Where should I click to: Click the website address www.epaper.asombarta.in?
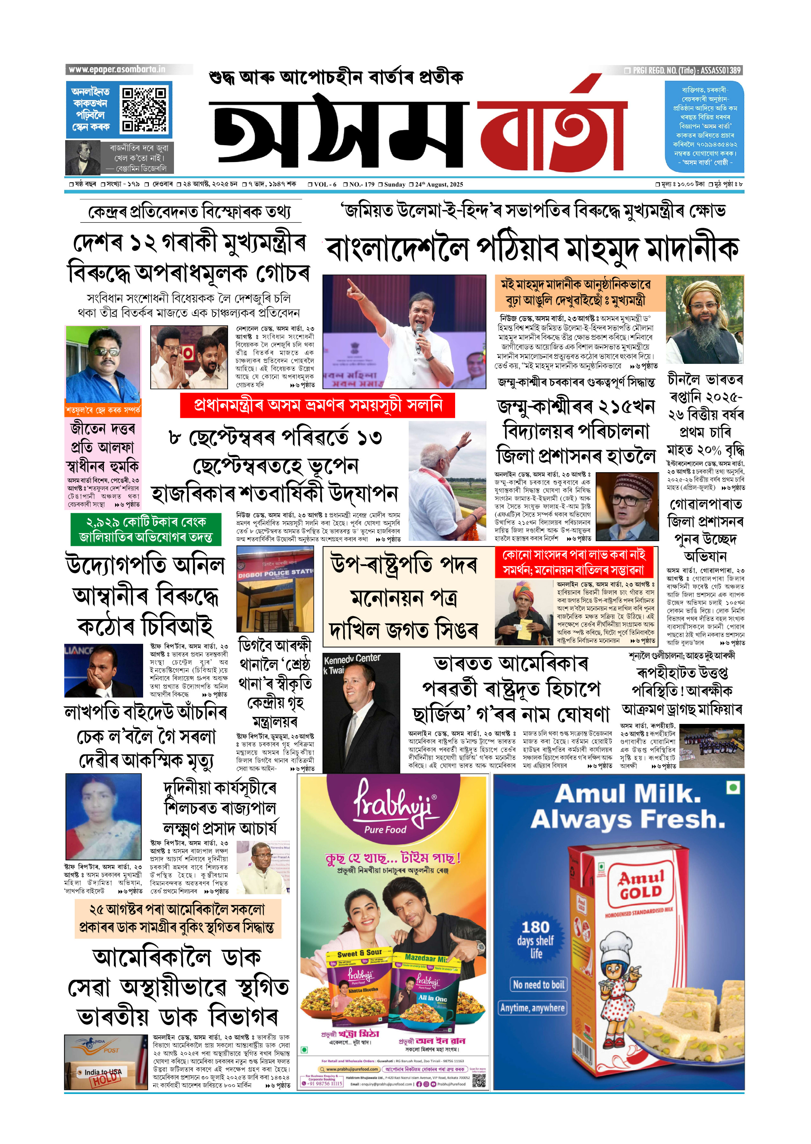click(x=117, y=69)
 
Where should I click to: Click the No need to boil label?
click(x=538, y=984)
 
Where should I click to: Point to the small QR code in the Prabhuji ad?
click(x=478, y=1080)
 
